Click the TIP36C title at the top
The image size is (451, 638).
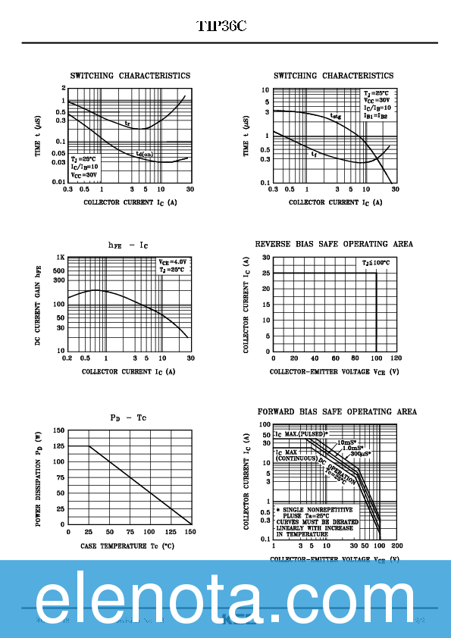click(x=221, y=27)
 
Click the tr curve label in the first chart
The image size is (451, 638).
click(x=127, y=123)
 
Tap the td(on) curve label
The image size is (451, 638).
click(x=144, y=154)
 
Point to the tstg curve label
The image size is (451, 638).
click(x=335, y=117)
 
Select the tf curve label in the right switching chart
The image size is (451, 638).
click(x=314, y=154)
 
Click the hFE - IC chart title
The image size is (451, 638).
click(x=128, y=245)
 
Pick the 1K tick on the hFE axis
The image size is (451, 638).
click(x=59, y=258)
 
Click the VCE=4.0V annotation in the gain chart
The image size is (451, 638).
click(x=172, y=261)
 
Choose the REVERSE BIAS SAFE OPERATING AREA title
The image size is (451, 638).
click(x=334, y=244)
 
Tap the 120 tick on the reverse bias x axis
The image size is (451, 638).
click(x=396, y=358)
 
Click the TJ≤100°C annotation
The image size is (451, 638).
click(x=376, y=263)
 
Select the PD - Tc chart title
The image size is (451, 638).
click(x=128, y=418)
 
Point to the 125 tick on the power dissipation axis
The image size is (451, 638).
click(x=58, y=446)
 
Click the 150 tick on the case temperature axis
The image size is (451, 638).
click(x=189, y=532)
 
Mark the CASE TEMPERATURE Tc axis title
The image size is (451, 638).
click(x=127, y=546)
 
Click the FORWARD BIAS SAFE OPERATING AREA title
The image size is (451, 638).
click(x=337, y=411)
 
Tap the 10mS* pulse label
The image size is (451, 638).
click(x=346, y=441)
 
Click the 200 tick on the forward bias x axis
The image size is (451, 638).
click(x=396, y=546)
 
